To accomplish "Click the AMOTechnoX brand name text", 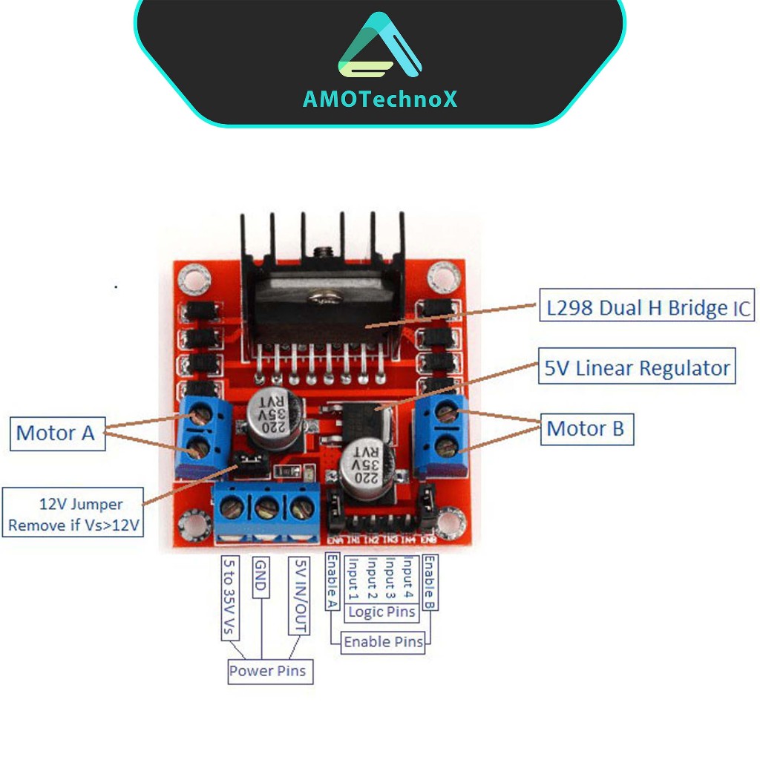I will [380, 99].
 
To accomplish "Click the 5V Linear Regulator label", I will [637, 367].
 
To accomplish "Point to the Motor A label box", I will [56, 433].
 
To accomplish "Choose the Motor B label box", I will [586, 428].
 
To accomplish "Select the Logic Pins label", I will [381, 612].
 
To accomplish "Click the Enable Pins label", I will [383, 642].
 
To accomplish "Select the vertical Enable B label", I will [430, 583].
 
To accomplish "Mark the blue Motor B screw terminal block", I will [443, 435].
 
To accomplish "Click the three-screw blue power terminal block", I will [267, 511].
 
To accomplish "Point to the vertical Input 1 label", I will [353, 578].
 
